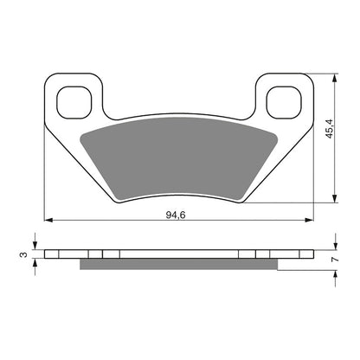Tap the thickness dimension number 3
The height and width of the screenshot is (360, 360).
pos(23,255)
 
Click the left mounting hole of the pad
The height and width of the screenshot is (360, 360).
pos(73,102)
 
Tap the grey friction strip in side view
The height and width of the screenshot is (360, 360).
pos(177,265)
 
